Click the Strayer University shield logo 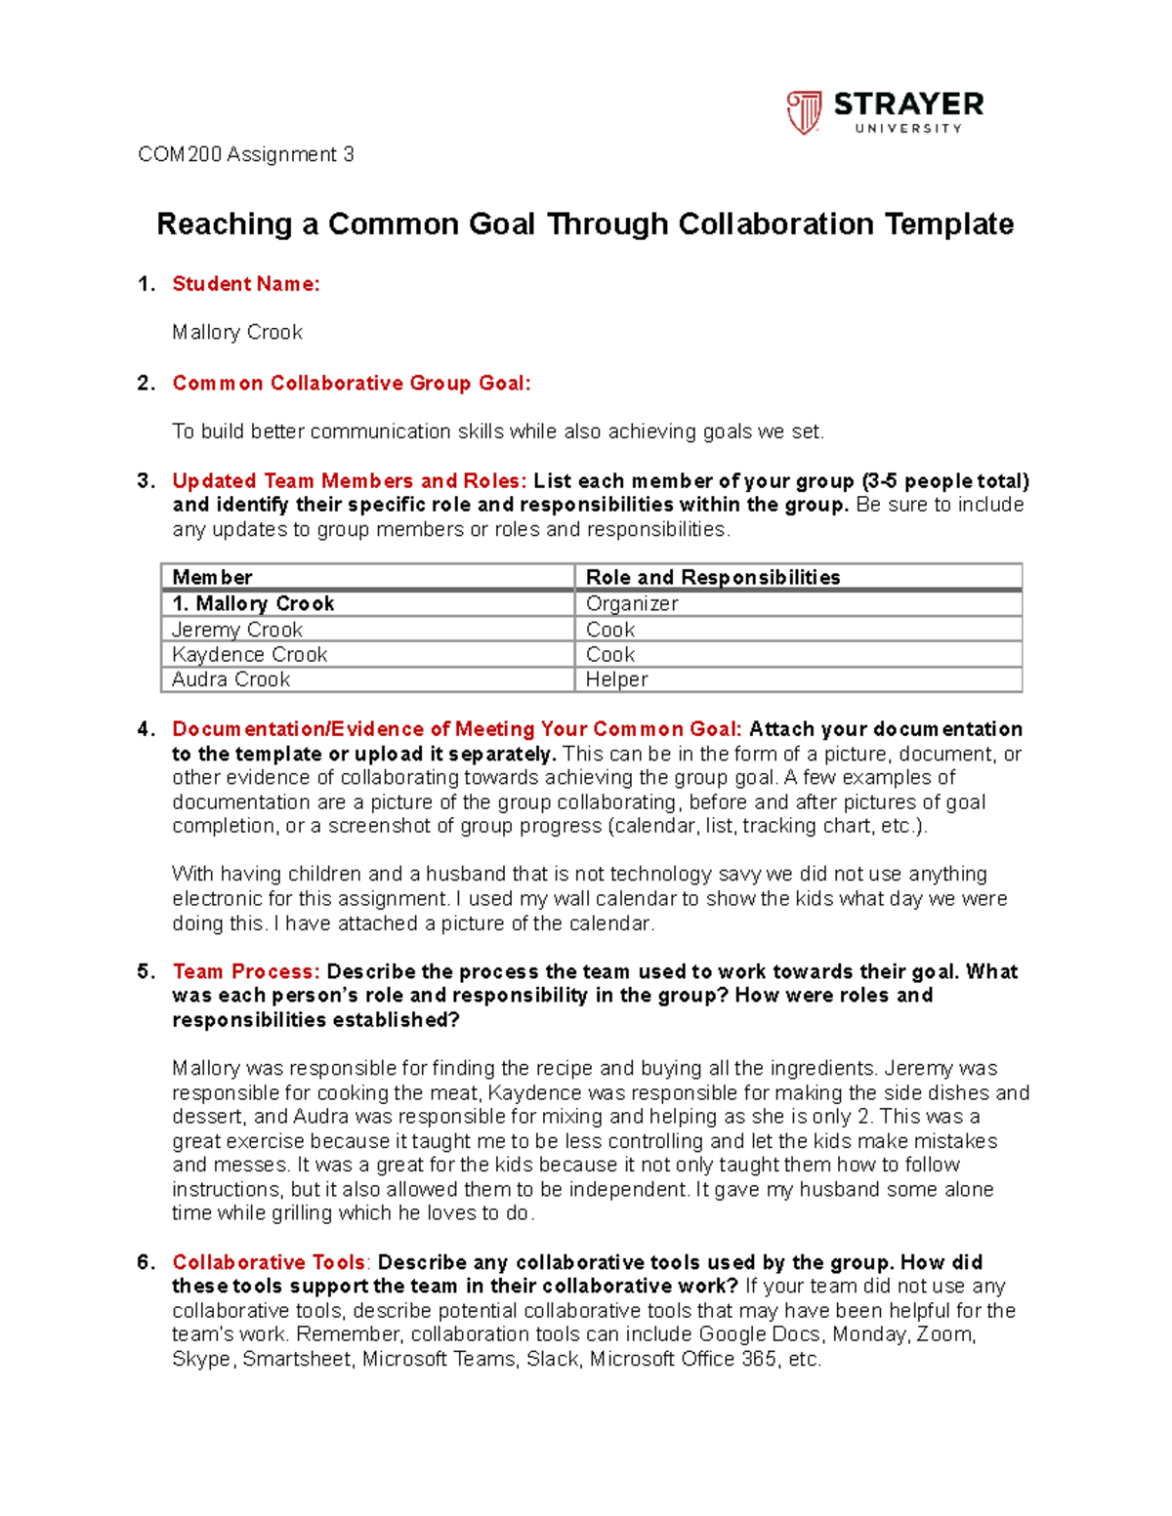[804, 112]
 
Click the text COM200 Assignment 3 [245, 154]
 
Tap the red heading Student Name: [245, 284]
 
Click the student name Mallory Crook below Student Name [236, 333]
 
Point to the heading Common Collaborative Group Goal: [351, 383]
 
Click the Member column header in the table [212, 577]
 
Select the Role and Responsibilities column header [712, 577]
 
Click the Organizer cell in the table [631, 603]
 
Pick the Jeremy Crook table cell [236, 630]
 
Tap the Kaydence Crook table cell [249, 654]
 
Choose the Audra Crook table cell [230, 679]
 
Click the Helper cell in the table [616, 679]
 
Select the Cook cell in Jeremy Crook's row [609, 630]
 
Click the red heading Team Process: [245, 971]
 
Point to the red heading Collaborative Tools [268, 1262]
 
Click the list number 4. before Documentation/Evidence [146, 729]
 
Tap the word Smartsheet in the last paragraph [297, 1359]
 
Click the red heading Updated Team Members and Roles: [349, 481]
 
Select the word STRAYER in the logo [908, 104]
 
